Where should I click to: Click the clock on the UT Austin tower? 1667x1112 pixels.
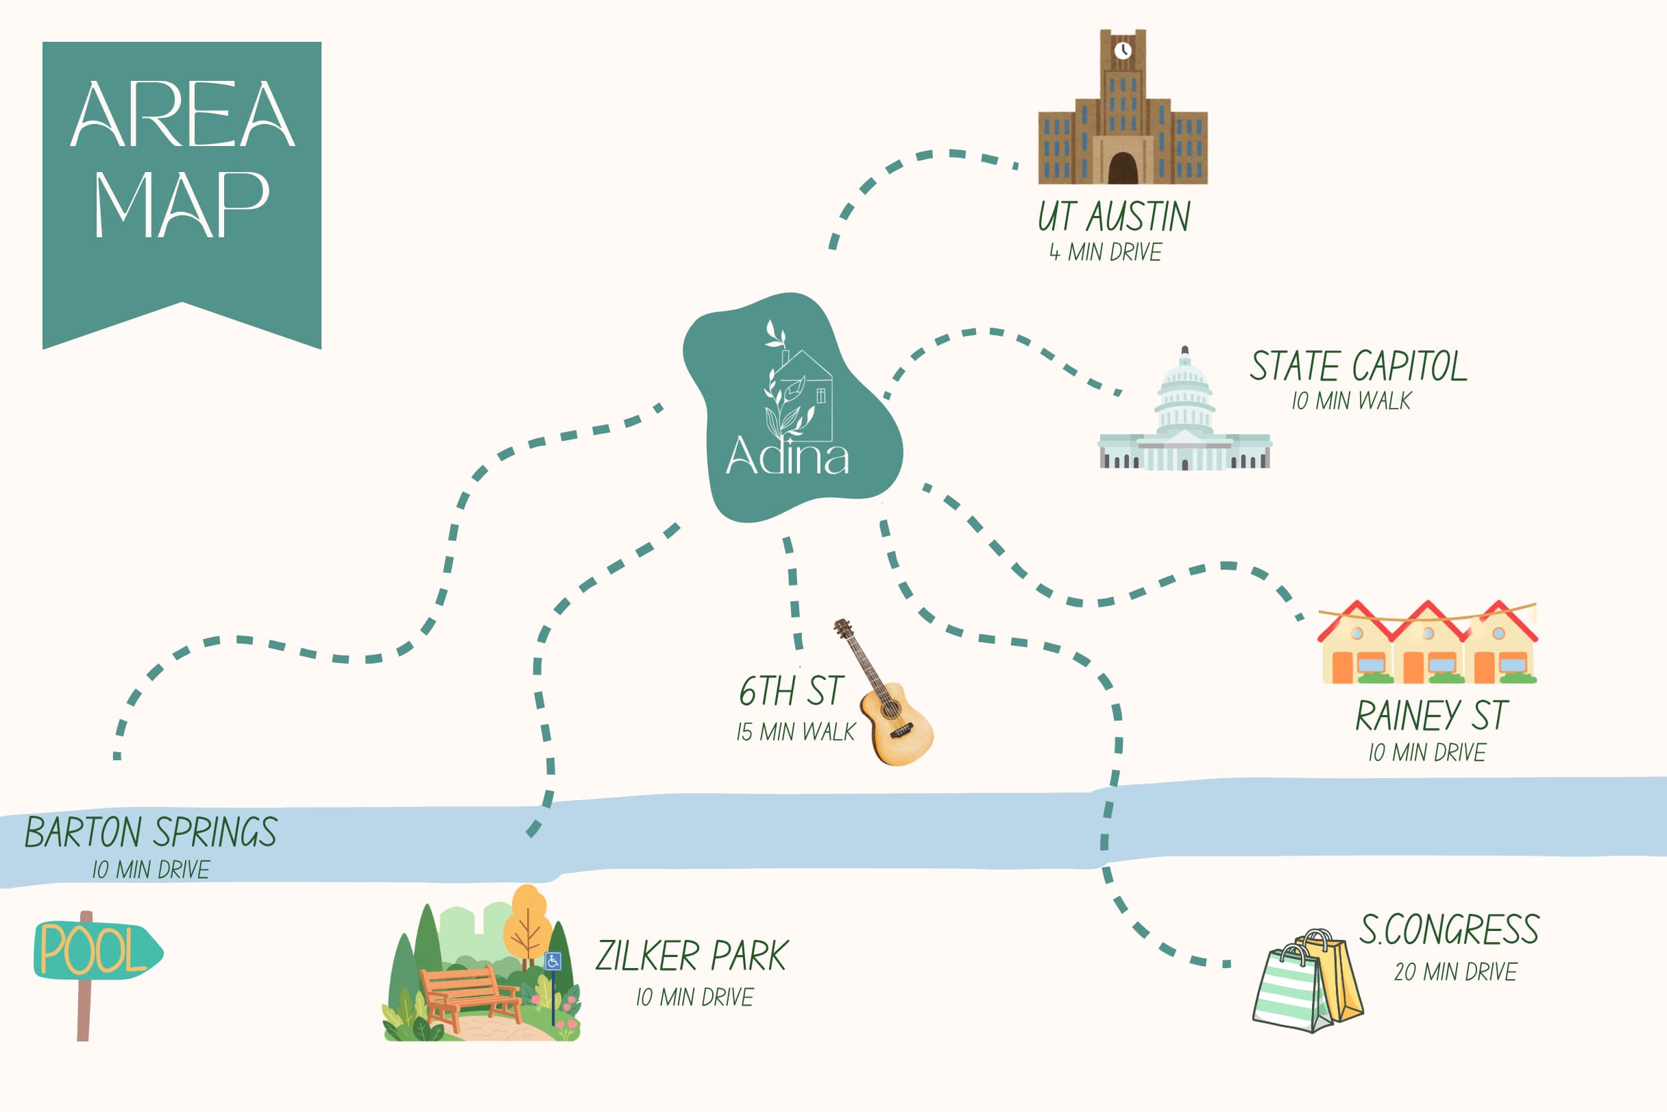click(1123, 50)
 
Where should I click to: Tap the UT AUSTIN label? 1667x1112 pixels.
click(1113, 217)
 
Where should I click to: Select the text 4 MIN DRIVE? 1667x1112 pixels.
click(1106, 252)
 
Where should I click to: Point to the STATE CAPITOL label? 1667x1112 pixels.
click(1358, 366)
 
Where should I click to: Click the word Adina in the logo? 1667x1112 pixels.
click(787, 455)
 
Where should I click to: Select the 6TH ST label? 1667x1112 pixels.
click(790, 691)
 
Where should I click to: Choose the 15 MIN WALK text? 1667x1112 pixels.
click(796, 732)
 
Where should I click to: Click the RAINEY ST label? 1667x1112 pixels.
click(1432, 716)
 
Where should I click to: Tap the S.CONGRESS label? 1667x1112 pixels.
click(1449, 930)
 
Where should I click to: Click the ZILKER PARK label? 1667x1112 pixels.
click(692, 956)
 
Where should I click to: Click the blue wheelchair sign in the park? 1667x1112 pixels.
click(553, 962)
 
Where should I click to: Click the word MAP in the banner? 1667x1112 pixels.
click(182, 205)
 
